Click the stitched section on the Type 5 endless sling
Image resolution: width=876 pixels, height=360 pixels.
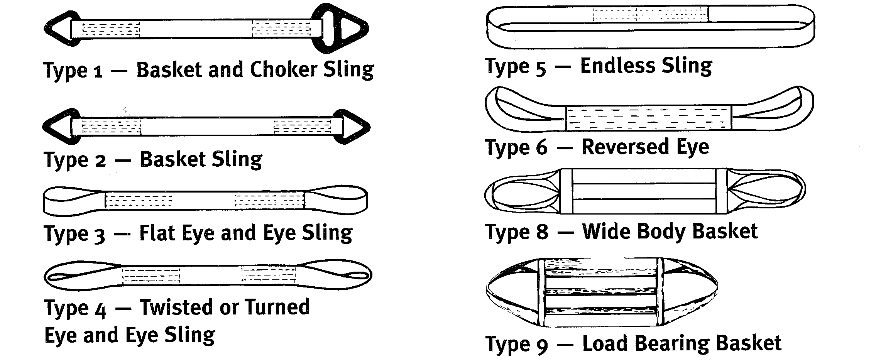tap(650, 15)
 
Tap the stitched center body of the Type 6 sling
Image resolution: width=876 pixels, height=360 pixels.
tap(648, 117)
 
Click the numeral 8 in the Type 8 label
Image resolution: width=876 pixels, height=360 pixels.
tap(542, 232)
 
